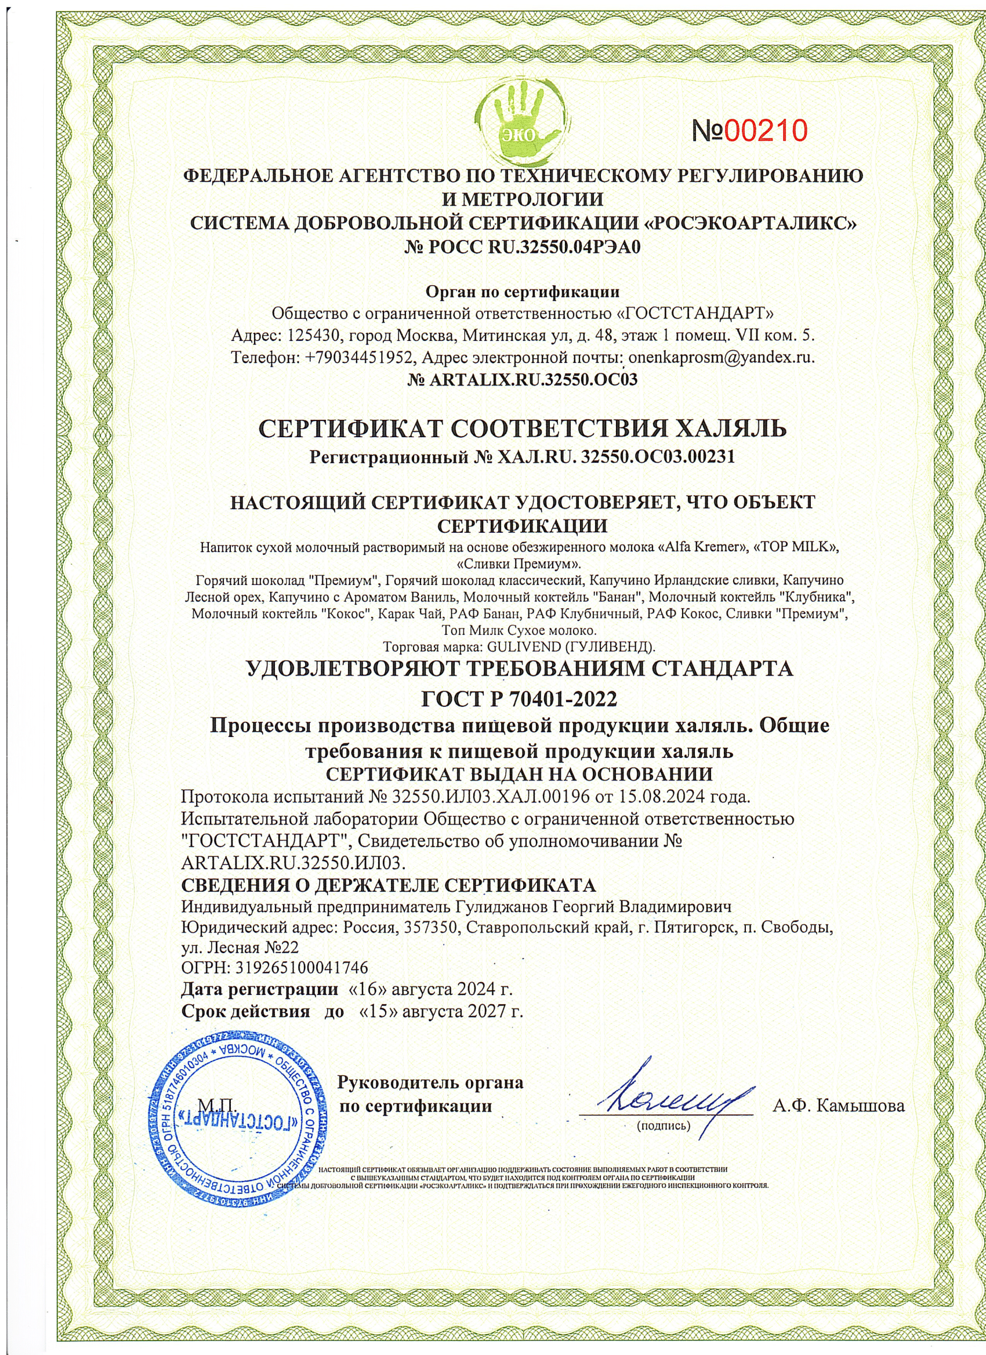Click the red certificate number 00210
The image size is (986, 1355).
point(766,130)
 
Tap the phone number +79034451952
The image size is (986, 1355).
point(360,358)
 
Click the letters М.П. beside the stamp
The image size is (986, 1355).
point(217,1104)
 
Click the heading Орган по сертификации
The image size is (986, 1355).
point(522,292)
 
